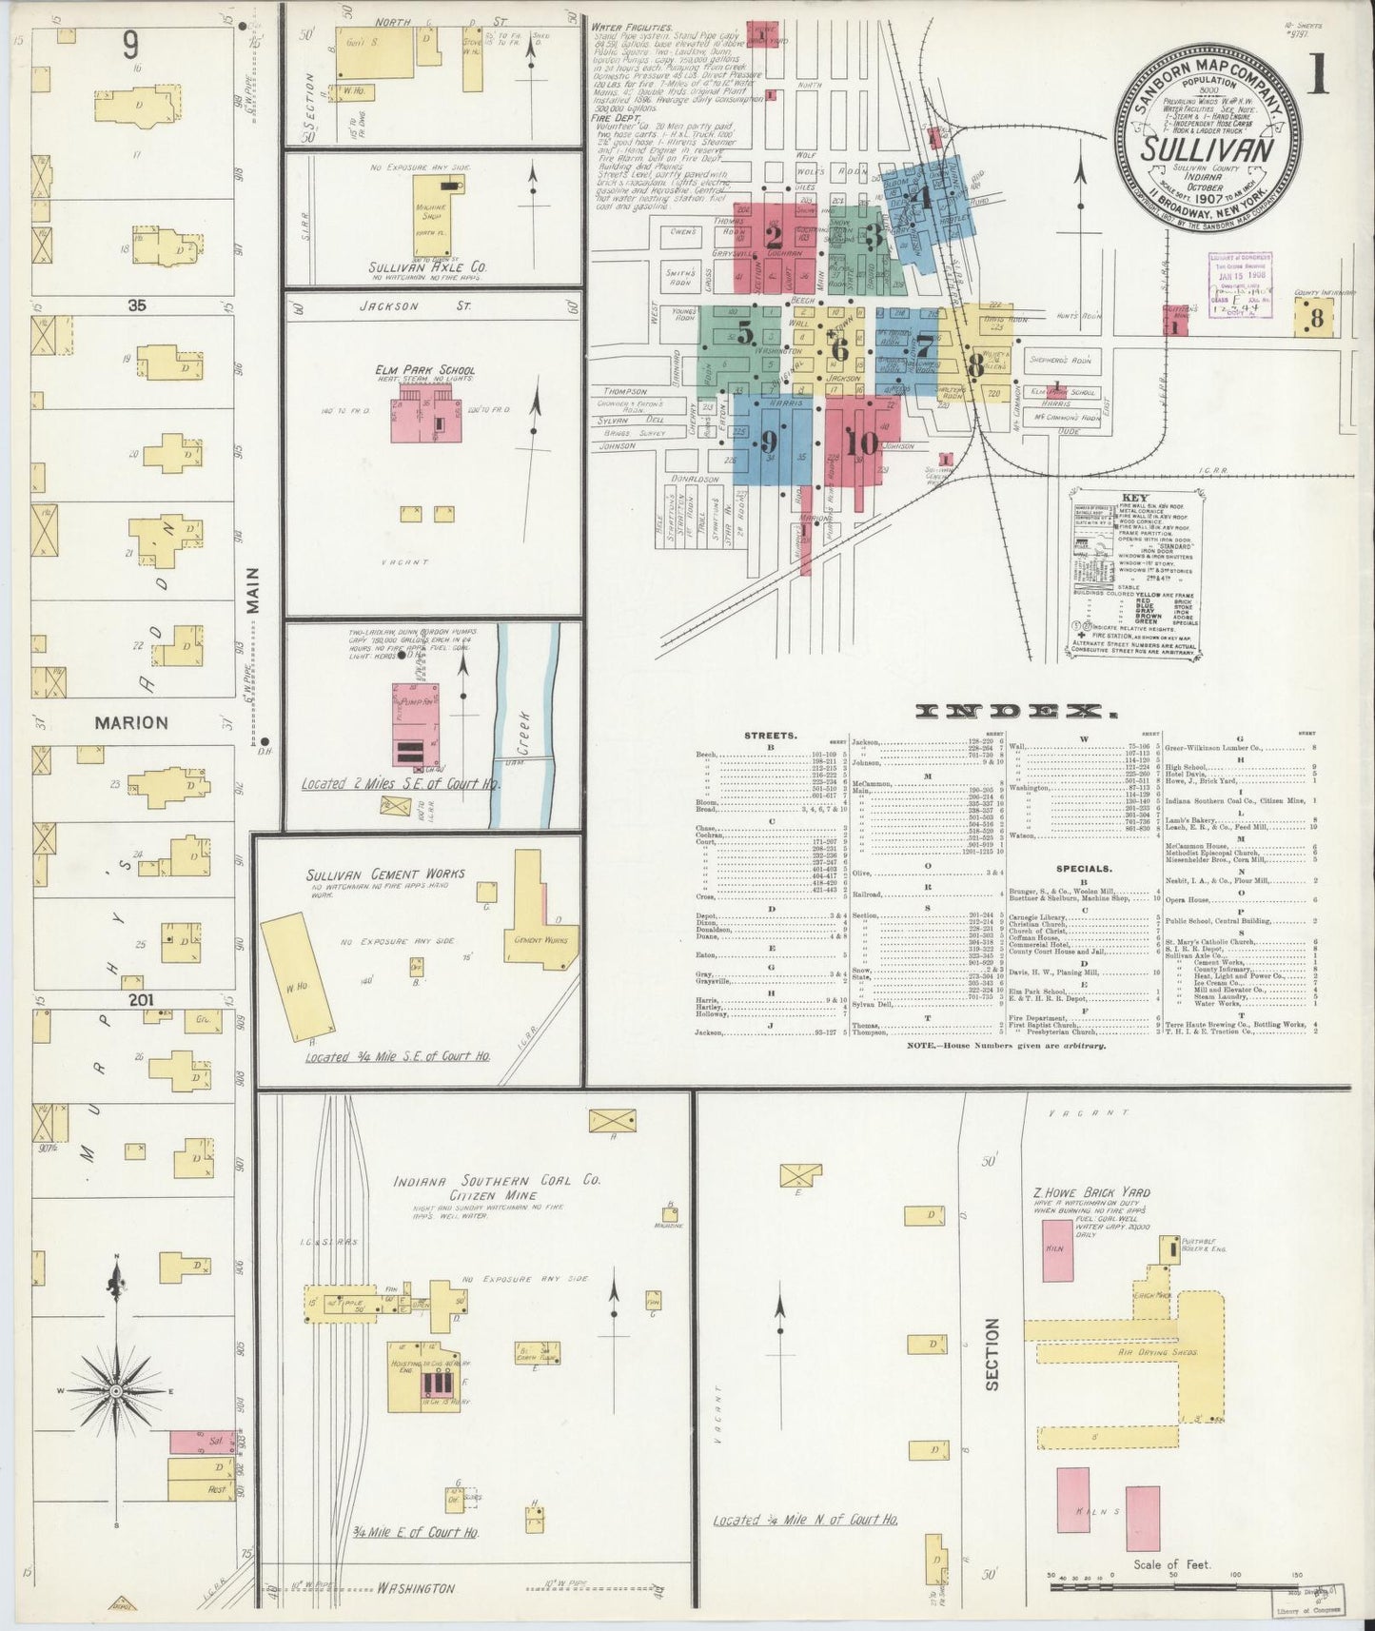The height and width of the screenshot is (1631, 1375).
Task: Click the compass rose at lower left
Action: click(x=116, y=1390)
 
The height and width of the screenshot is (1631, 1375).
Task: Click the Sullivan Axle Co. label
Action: click(x=427, y=268)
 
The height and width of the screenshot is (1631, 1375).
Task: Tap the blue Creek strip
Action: click(x=521, y=723)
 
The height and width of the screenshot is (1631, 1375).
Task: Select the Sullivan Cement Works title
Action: click(x=372, y=874)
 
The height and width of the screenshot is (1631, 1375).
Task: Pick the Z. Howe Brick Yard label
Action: click(x=1091, y=1191)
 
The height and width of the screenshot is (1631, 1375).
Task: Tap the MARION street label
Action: click(x=131, y=722)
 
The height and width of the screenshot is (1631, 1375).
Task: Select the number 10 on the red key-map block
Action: click(x=861, y=442)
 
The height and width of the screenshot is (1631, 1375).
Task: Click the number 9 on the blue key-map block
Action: click(x=769, y=442)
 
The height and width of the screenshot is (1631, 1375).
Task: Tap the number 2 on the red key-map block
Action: click(x=774, y=236)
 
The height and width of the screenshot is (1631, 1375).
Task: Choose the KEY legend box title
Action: click(x=1134, y=498)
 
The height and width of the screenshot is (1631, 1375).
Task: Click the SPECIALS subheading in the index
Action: click(x=1083, y=869)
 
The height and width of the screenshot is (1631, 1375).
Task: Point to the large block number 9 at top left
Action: click(x=130, y=45)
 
